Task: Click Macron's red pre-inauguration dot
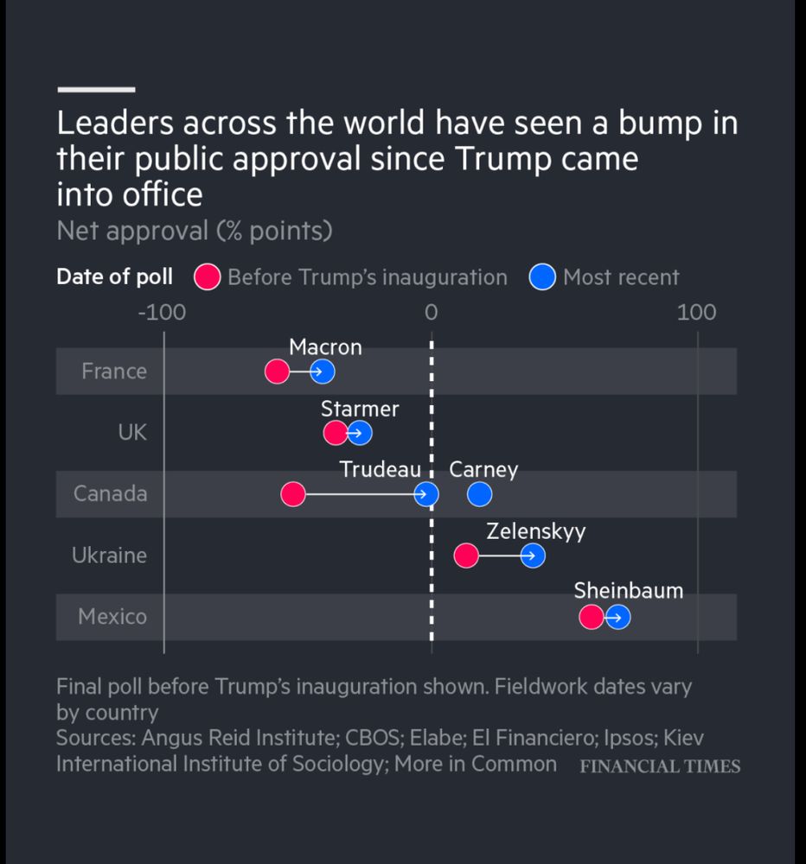pyautogui.click(x=277, y=372)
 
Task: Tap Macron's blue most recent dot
pyautogui.click(x=323, y=372)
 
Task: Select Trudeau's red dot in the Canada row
pyautogui.click(x=293, y=494)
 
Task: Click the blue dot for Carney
pyautogui.click(x=479, y=494)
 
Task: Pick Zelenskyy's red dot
pyautogui.click(x=466, y=556)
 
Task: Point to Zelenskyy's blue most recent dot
pyautogui.click(x=533, y=556)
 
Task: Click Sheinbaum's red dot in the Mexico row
pyautogui.click(x=592, y=617)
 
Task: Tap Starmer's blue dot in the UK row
pyautogui.click(x=360, y=433)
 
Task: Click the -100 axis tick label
pyautogui.click(x=162, y=312)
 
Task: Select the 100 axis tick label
pyautogui.click(x=697, y=312)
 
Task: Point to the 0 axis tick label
pyautogui.click(x=431, y=312)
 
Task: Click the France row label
pyautogui.click(x=114, y=372)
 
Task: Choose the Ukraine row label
pyautogui.click(x=109, y=556)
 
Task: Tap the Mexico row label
pyautogui.click(x=112, y=617)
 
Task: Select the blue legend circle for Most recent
pyautogui.click(x=542, y=276)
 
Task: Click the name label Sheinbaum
pyautogui.click(x=629, y=591)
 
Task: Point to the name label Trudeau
pyautogui.click(x=380, y=469)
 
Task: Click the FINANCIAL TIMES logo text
pyautogui.click(x=660, y=766)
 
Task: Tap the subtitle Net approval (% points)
pyautogui.click(x=195, y=232)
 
